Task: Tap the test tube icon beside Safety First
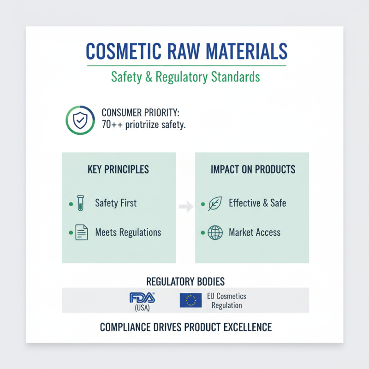[81, 202]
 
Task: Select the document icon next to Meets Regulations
[82, 232]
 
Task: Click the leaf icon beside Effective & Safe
[215, 203]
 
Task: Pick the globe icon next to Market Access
[215, 232]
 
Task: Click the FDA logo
[143, 298]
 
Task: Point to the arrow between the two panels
[185, 208]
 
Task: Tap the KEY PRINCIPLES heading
[118, 169]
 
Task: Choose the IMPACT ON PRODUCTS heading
[253, 169]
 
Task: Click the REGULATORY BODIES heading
[185, 281]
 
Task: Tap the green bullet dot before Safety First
[70, 203]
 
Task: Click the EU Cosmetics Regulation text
[226, 301]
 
